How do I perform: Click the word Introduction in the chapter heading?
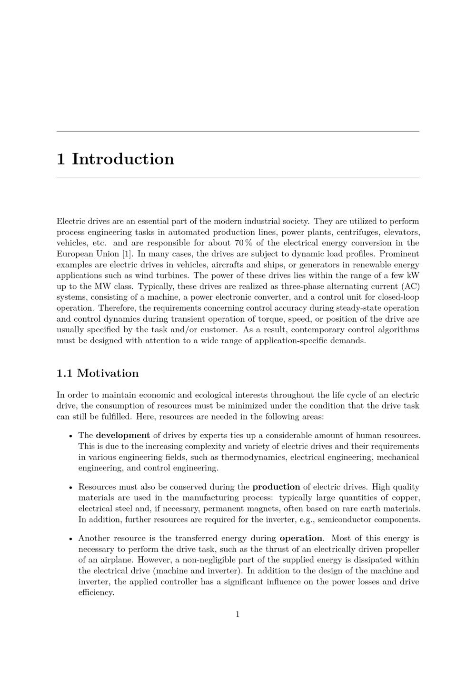point(123,159)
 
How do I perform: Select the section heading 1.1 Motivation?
point(98,373)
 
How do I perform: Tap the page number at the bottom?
point(238,614)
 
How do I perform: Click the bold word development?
point(123,435)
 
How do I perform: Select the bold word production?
point(276,487)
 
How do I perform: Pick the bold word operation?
point(301,538)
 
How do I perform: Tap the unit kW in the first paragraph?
point(413,276)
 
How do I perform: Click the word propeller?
point(403,549)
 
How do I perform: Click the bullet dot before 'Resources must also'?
point(70,488)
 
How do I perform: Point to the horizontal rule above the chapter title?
point(238,131)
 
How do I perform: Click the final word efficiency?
point(96,593)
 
